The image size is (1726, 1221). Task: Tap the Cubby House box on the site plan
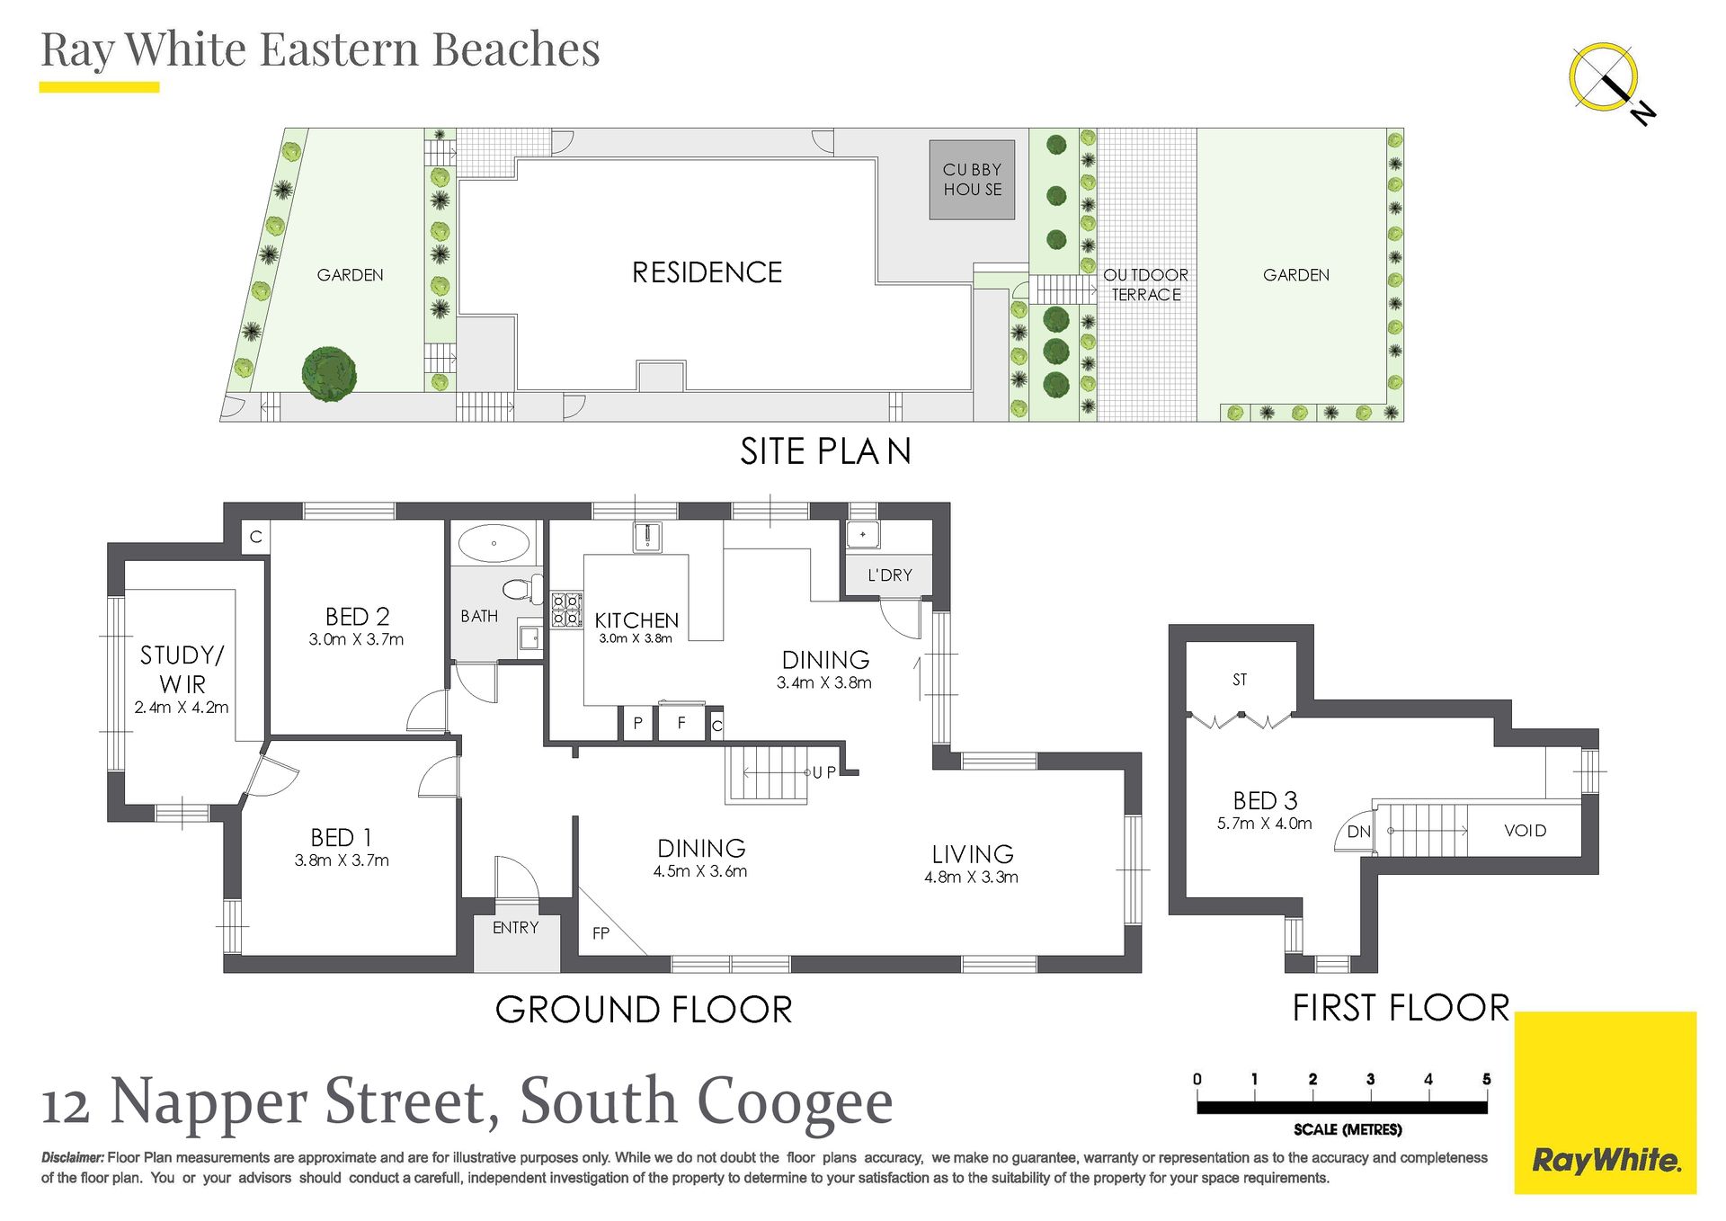pyautogui.click(x=972, y=180)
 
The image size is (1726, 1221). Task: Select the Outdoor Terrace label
pyautogui.click(x=1146, y=284)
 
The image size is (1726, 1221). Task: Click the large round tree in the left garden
pyautogui.click(x=329, y=373)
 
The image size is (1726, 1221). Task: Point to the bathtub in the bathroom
pyautogui.click(x=494, y=544)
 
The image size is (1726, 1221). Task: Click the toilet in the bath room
pyautogui.click(x=521, y=590)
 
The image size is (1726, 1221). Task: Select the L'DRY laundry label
pyautogui.click(x=890, y=575)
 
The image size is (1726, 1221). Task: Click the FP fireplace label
pyautogui.click(x=601, y=933)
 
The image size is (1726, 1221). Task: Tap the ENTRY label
pyautogui.click(x=515, y=928)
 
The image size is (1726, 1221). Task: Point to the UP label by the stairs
pyautogui.click(x=824, y=772)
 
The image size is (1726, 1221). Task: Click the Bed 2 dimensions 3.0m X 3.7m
pyautogui.click(x=356, y=639)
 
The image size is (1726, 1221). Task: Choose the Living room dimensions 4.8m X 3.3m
pyautogui.click(x=971, y=878)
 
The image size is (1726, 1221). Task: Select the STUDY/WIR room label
pyautogui.click(x=182, y=669)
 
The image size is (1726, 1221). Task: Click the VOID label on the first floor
pyautogui.click(x=1525, y=831)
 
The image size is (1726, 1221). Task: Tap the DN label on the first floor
pyautogui.click(x=1359, y=832)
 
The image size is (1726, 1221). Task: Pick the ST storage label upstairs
pyautogui.click(x=1240, y=680)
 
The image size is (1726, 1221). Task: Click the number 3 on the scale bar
pyautogui.click(x=1370, y=1079)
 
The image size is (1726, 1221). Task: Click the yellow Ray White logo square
pyautogui.click(x=1605, y=1103)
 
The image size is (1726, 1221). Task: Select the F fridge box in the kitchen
pyautogui.click(x=681, y=722)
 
